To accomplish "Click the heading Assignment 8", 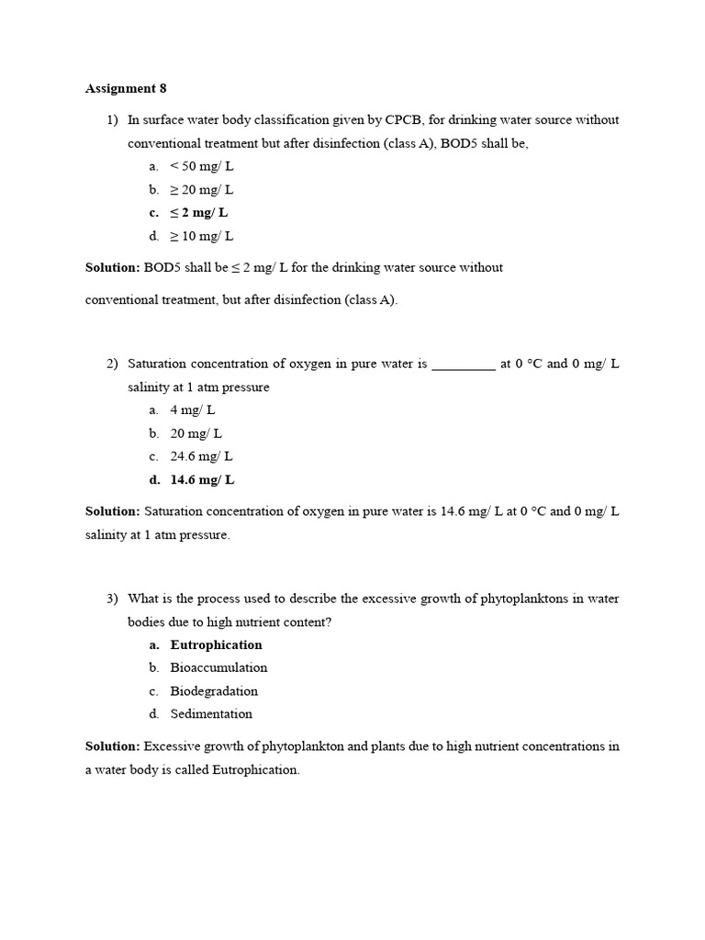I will [x=126, y=89].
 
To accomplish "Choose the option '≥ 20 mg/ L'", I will [x=202, y=189].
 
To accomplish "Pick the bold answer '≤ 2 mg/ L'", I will [x=199, y=213].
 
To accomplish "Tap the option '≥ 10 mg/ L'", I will [x=202, y=236].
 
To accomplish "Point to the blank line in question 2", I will [x=463, y=364].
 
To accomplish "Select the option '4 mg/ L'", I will [x=193, y=410].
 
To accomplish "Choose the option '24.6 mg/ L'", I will [x=201, y=456].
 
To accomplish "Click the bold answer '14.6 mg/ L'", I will [x=203, y=479].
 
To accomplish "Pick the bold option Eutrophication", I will [x=216, y=644].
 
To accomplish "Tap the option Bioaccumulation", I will [x=218, y=667].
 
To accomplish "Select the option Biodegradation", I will [x=214, y=691].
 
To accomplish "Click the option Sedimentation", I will [x=211, y=714].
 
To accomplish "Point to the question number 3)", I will [x=112, y=599].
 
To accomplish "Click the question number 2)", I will [x=112, y=364].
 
